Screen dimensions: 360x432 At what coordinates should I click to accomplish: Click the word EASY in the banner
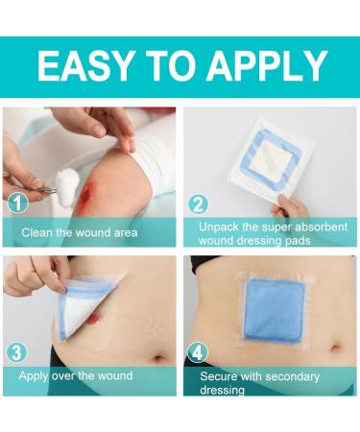[84, 66]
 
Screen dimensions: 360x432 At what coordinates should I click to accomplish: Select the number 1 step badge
[17, 203]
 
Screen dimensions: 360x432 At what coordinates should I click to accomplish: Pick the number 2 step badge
[198, 204]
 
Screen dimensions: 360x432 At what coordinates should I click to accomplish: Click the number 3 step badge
[16, 352]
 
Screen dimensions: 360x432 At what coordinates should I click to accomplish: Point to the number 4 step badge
[198, 354]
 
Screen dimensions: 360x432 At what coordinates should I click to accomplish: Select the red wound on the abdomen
[93, 317]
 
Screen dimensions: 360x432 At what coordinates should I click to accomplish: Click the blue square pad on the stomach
[273, 309]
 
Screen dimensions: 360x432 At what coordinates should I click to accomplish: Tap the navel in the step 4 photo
[336, 348]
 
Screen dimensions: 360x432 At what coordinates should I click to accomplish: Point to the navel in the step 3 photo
[158, 358]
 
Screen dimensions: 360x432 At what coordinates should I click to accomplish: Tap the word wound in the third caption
[115, 375]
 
